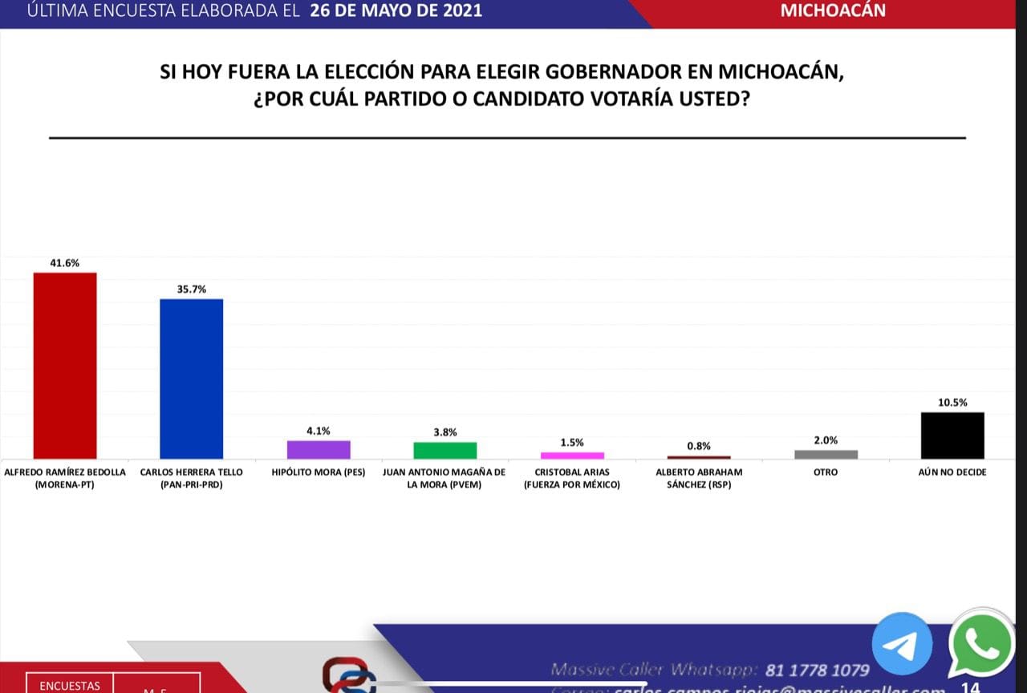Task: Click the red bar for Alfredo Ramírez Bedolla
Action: tap(65, 366)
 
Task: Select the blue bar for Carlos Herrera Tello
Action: tap(192, 379)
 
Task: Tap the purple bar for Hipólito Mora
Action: tap(319, 449)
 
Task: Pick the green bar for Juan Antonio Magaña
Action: tap(445, 450)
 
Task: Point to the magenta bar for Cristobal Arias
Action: tap(572, 455)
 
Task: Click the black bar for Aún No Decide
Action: tap(952, 436)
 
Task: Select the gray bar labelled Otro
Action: tap(826, 454)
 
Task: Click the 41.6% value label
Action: tap(65, 262)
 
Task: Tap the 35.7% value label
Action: tap(192, 289)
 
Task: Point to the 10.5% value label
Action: tap(952, 403)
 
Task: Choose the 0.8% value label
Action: tap(699, 446)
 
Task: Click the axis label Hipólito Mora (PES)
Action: tap(319, 472)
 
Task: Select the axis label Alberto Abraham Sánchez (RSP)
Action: tap(699, 478)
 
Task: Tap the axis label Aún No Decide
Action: tap(952, 472)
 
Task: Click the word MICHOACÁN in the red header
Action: tap(833, 10)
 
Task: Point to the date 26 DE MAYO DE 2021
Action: tap(396, 10)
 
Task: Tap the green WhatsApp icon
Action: tap(980, 646)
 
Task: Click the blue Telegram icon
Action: tap(902, 642)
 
